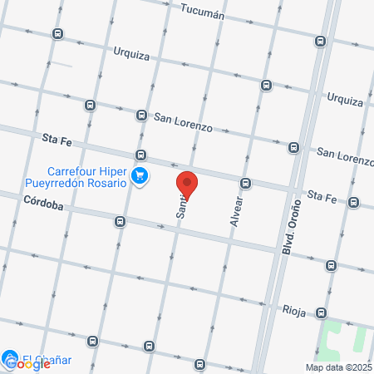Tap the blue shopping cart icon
[140, 176]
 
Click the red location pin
[188, 184]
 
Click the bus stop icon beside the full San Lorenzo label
[142, 116]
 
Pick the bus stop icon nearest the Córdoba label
[121, 221]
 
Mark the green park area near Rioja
[346, 341]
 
